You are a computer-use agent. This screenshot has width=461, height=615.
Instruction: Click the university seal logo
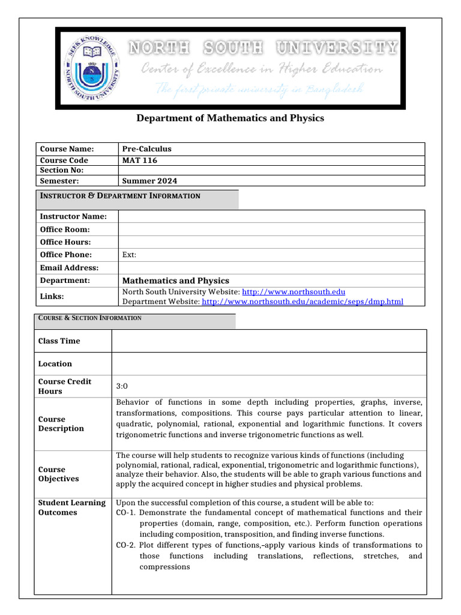[x=91, y=68]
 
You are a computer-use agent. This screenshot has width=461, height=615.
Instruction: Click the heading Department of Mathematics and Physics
[x=230, y=118]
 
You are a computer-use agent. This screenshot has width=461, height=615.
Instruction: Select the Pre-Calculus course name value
[x=146, y=149]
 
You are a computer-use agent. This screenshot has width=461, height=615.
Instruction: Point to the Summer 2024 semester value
[x=149, y=181]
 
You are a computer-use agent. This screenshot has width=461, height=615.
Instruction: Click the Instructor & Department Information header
[x=120, y=196]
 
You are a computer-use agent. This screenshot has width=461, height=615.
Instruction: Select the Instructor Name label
[x=73, y=216]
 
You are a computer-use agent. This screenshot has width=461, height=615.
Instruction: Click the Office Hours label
[x=65, y=242]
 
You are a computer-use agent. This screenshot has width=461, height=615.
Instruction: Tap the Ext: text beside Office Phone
[x=129, y=255]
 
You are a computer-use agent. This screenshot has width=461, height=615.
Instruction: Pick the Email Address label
[x=69, y=268]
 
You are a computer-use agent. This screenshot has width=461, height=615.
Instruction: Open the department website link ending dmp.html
[x=303, y=301]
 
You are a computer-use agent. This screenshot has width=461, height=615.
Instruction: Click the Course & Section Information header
[x=90, y=318]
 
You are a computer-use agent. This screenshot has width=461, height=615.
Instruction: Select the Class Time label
[x=59, y=341]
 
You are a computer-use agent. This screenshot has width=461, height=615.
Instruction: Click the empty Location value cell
[x=269, y=363]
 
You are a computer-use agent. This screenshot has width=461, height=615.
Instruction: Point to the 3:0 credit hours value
[x=122, y=387]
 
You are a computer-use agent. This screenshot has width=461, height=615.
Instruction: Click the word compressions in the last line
[x=164, y=567]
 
